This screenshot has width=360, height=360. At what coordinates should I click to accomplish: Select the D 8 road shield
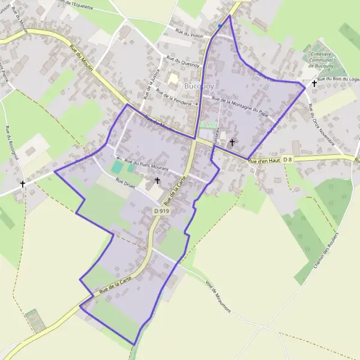click(288, 159)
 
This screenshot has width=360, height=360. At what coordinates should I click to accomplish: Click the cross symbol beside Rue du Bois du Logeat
click(313, 84)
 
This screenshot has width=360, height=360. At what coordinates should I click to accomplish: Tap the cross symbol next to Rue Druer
click(158, 180)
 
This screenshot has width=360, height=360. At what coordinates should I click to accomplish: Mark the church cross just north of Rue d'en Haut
click(232, 142)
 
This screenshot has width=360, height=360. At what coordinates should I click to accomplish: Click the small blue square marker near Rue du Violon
click(220, 26)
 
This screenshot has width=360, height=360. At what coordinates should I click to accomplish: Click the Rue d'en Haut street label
click(264, 160)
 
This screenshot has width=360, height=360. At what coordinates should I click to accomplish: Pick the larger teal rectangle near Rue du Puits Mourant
click(116, 166)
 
